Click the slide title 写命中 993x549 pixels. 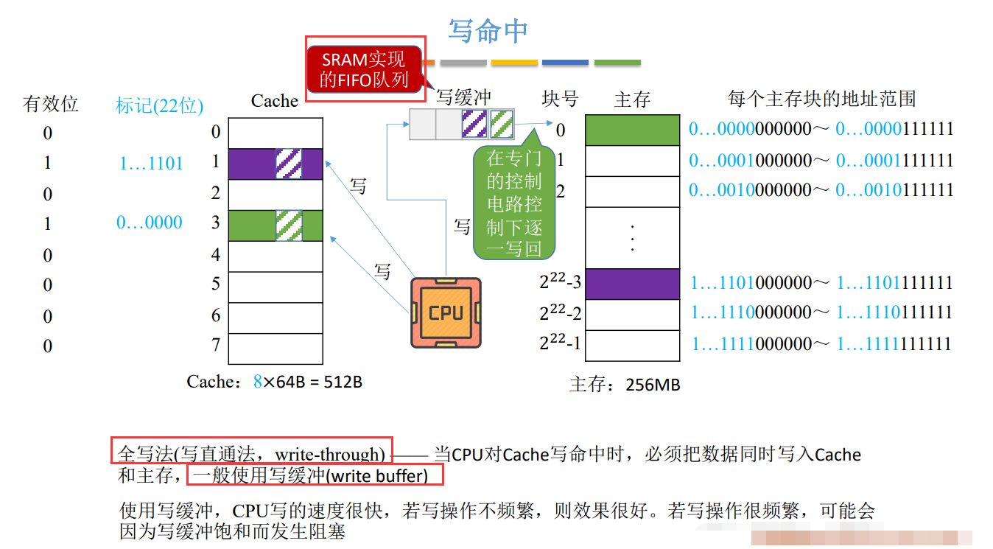(x=488, y=31)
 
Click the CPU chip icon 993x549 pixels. (x=446, y=312)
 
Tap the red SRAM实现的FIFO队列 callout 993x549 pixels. (x=364, y=69)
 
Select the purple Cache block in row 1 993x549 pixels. (x=276, y=164)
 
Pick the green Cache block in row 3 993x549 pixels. (x=276, y=225)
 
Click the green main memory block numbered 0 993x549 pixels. (x=632, y=130)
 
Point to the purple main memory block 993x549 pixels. (x=632, y=284)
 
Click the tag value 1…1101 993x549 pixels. (x=151, y=163)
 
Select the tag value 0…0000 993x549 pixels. (x=150, y=223)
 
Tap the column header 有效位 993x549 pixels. (x=51, y=104)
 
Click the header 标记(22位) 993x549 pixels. (x=160, y=105)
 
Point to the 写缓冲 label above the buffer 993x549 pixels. (x=463, y=97)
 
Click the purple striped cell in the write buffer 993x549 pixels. (x=474, y=124)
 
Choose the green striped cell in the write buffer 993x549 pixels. (x=501, y=124)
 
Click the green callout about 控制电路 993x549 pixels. (x=514, y=203)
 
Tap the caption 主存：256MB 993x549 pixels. (x=625, y=384)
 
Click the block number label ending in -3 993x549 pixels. (x=560, y=282)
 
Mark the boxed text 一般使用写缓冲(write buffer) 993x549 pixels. (x=315, y=475)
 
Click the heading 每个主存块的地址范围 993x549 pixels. (x=821, y=99)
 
